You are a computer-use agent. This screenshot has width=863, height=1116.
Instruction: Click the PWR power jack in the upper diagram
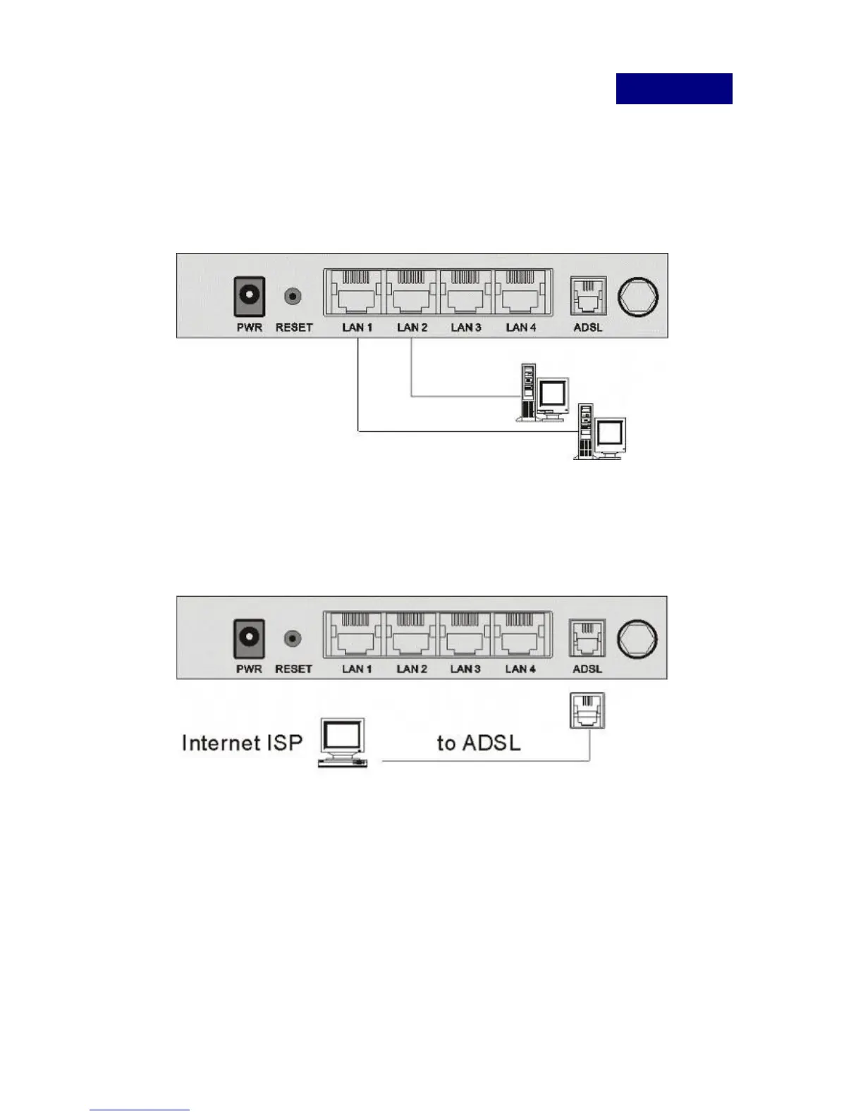250,297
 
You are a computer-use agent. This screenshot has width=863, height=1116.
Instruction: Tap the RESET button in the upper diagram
293,297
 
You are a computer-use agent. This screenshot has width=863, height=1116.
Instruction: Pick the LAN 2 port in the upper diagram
411,294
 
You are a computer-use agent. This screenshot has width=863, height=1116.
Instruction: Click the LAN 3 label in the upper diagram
466,328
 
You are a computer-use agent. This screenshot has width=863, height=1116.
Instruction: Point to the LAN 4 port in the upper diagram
522,294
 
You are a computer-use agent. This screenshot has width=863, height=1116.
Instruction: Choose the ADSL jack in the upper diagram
587,295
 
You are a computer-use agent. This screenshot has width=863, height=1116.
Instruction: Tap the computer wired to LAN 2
543,393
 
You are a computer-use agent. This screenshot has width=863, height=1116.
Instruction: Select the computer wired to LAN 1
600,432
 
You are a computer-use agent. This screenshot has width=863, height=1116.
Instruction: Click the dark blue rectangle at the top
674,89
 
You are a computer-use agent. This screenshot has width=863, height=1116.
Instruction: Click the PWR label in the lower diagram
249,669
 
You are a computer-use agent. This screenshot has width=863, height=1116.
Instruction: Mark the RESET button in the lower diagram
293,639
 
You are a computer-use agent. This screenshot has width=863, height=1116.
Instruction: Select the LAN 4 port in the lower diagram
520,635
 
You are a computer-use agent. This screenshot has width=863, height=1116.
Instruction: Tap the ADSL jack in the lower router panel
587,638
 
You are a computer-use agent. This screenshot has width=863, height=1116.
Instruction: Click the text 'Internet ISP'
242,743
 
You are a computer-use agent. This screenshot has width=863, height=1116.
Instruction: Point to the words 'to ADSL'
479,743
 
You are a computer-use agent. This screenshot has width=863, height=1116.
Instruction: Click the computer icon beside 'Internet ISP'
343,742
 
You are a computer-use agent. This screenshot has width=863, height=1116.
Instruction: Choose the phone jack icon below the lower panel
587,710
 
